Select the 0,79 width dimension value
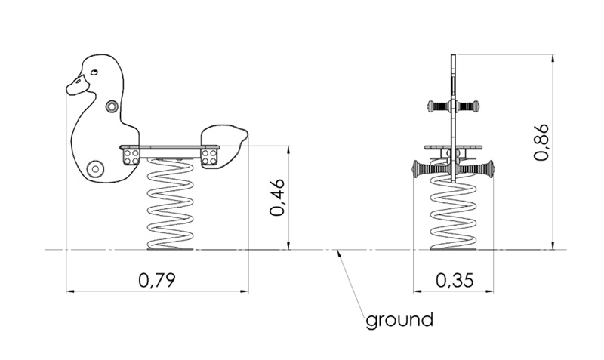(157, 280)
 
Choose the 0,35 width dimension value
(455, 280)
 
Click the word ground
(399, 319)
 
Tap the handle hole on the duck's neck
(112, 106)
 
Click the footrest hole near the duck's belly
(94, 168)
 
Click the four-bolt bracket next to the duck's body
(131, 156)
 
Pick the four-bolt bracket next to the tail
(209, 156)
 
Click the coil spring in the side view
(169, 205)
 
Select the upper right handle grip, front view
(472, 106)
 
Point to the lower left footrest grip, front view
(427, 169)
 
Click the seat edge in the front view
(453, 147)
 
